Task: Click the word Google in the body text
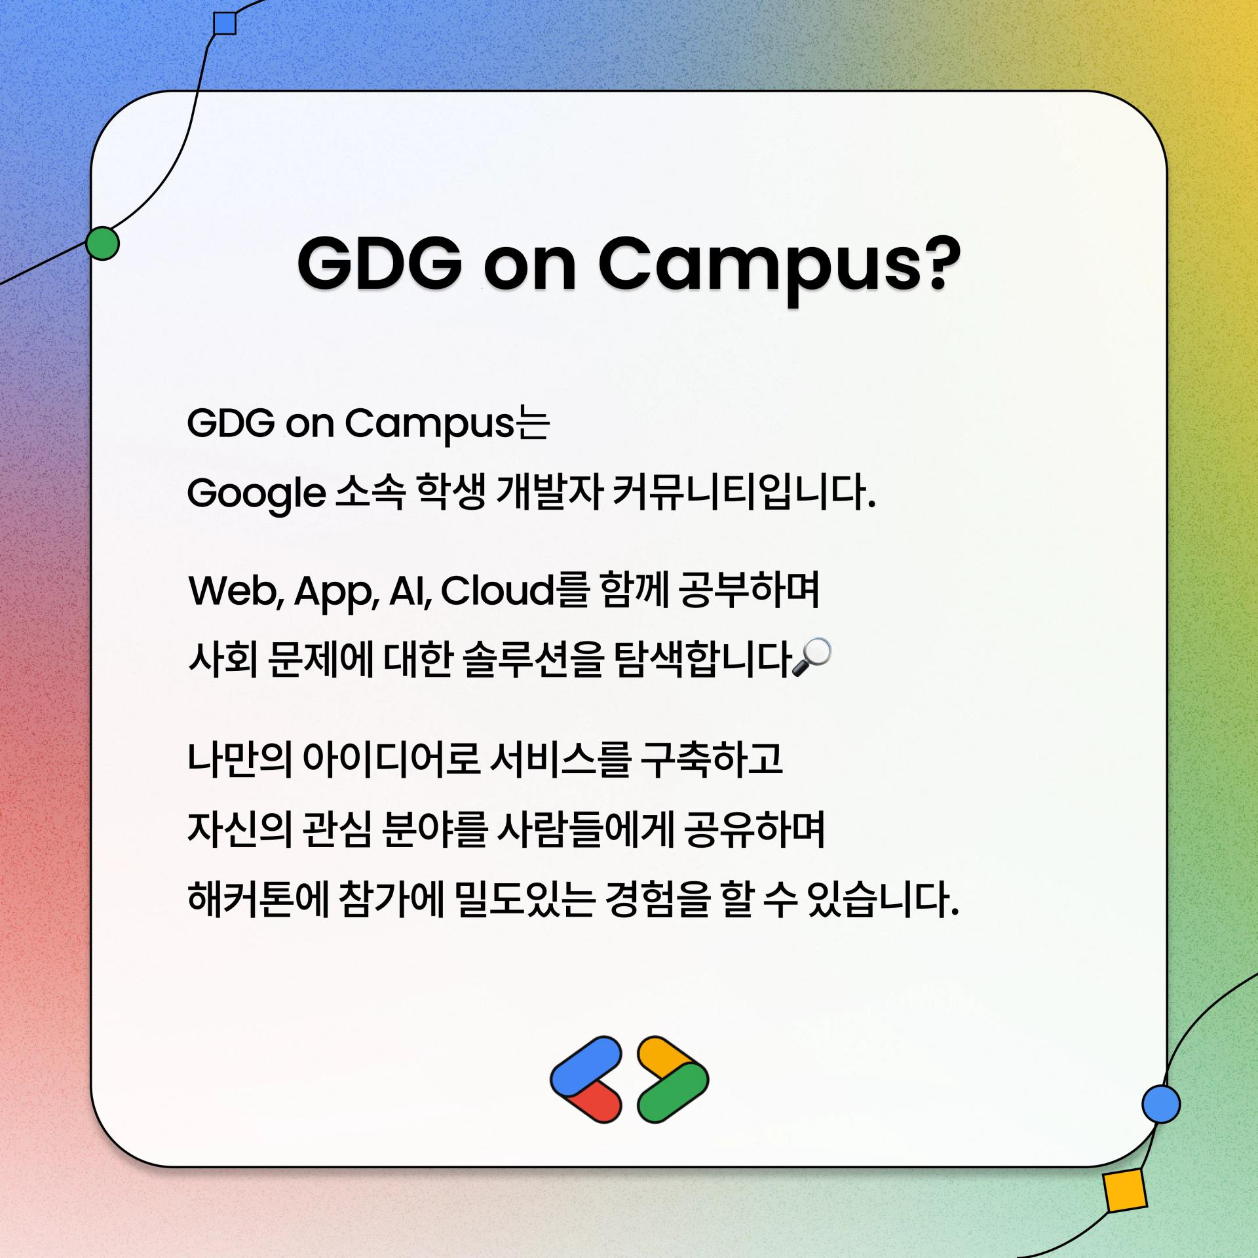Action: click(256, 493)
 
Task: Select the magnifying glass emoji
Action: click(812, 657)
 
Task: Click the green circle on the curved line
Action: click(103, 244)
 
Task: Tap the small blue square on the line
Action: click(225, 23)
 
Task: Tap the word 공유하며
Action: click(753, 829)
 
